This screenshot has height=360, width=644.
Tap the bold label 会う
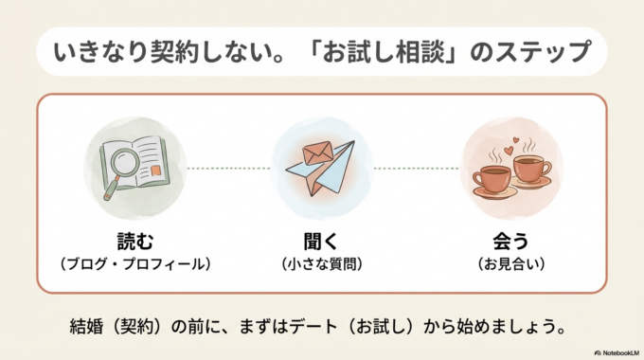pyautogui.click(x=511, y=239)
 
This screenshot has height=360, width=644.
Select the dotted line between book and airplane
pyautogui.click(x=228, y=169)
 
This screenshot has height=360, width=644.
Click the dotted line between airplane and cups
pyautogui.click(x=417, y=169)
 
